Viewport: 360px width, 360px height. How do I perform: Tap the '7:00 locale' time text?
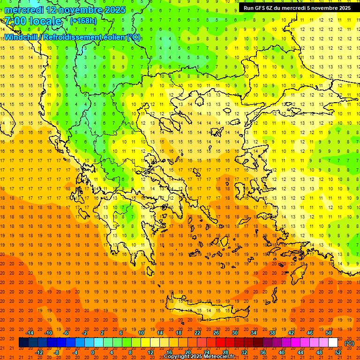click(x=33, y=21)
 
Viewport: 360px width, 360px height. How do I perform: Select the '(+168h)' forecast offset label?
click(x=84, y=21)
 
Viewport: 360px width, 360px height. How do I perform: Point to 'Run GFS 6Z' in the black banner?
click(x=260, y=8)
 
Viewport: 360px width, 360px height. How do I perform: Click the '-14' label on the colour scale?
click(x=30, y=333)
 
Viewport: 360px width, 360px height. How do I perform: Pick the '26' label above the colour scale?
click(x=216, y=333)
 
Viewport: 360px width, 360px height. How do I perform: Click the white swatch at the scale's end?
click(x=333, y=343)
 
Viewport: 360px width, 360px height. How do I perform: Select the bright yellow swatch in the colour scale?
click(x=146, y=343)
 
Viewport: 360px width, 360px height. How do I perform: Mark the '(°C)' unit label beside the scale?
click(x=349, y=343)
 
